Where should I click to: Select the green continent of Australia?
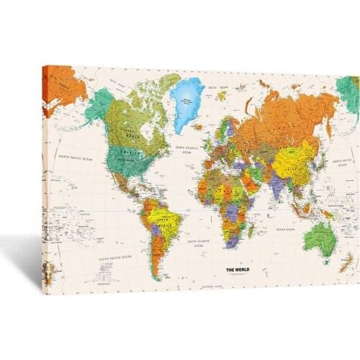tap(320, 237)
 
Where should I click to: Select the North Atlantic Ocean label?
tap(186, 149)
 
